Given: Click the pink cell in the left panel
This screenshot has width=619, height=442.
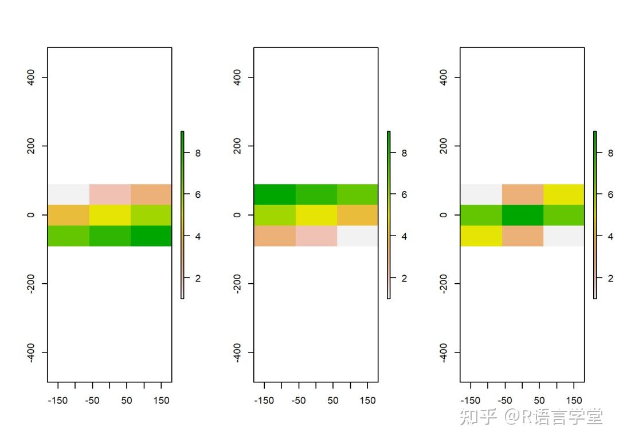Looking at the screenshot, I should coord(109,194).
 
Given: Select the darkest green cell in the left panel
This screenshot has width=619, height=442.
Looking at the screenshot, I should coord(151,236).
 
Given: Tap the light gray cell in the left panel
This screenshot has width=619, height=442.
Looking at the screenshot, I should coord(68,194).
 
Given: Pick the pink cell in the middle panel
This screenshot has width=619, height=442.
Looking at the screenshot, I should coord(316,236).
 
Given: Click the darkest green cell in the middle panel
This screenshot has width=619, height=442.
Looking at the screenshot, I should coord(275,194).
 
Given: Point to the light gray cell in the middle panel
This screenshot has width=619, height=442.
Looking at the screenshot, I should coord(357,236).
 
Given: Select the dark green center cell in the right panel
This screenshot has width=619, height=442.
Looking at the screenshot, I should coord(522,215).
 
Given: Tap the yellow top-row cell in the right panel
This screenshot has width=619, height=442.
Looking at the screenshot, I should coord(563,194).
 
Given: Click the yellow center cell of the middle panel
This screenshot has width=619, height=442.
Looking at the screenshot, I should coord(316,215).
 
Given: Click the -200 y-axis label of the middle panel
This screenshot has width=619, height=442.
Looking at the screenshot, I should coord(237,284).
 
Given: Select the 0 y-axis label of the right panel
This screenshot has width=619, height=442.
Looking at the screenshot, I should coord(443,215).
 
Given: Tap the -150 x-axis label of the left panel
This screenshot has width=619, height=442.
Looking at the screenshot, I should coord(58,401).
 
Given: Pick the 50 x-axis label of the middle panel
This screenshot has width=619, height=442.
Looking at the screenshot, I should coord(333,401).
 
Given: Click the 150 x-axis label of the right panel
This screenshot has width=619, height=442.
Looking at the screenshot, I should coord(574,401).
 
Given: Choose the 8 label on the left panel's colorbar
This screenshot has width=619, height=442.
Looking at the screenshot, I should coord(198,153).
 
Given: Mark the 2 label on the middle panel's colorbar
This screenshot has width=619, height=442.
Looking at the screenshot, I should coord(405,278).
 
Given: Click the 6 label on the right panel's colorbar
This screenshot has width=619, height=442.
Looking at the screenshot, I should coord(611,195).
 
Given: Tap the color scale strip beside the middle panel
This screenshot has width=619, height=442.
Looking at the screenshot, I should coord(389,215).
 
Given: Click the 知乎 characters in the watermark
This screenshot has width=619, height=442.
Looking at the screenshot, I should coord(478,417).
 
